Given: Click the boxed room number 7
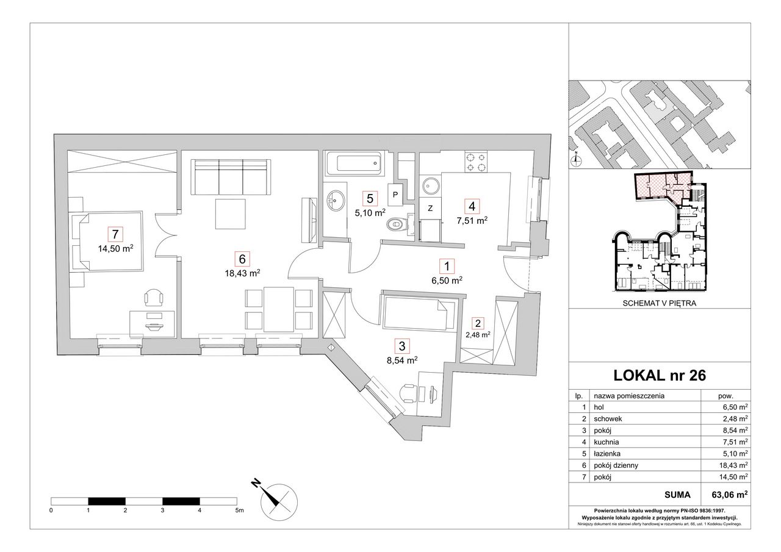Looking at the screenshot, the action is [x=115, y=234].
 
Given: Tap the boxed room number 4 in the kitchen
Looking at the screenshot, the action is [x=472, y=206].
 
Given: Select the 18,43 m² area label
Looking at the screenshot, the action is [x=242, y=273].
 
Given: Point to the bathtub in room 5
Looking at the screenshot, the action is [x=354, y=163].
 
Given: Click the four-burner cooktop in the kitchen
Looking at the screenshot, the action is [x=476, y=162].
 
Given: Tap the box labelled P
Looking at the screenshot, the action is [x=395, y=195].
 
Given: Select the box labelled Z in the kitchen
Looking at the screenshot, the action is [x=430, y=208].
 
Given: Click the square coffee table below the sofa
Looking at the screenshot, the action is [x=230, y=213].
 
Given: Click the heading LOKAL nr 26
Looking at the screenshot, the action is [x=660, y=375].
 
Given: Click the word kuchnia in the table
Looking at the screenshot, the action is [x=606, y=442].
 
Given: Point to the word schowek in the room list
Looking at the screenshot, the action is [x=608, y=418].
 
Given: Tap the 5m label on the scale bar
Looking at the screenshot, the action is [x=239, y=510].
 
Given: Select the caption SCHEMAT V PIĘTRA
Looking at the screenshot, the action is [x=660, y=303].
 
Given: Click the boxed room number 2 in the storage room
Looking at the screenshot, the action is [x=478, y=323].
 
